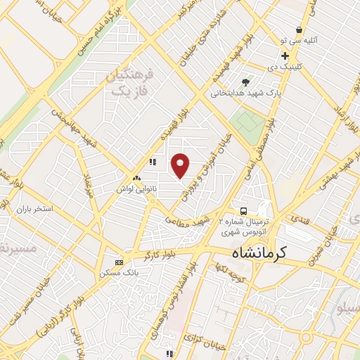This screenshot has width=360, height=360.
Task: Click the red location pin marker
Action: pyautogui.click(x=181, y=165)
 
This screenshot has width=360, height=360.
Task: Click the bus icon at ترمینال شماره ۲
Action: pyautogui.click(x=243, y=211)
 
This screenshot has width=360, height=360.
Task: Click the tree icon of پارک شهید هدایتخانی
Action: pyautogui.click(x=245, y=82)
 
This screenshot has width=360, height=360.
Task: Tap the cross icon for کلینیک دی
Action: pyautogui.click(x=285, y=56)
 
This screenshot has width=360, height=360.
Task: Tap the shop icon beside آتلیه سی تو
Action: pyautogui.click(x=300, y=30)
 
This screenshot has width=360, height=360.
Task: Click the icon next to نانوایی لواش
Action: pyautogui.click(x=136, y=178)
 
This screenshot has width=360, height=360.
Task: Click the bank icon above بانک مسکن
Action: pyautogui.click(x=118, y=262)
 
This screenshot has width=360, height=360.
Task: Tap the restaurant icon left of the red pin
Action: pyautogui.click(x=152, y=162)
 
